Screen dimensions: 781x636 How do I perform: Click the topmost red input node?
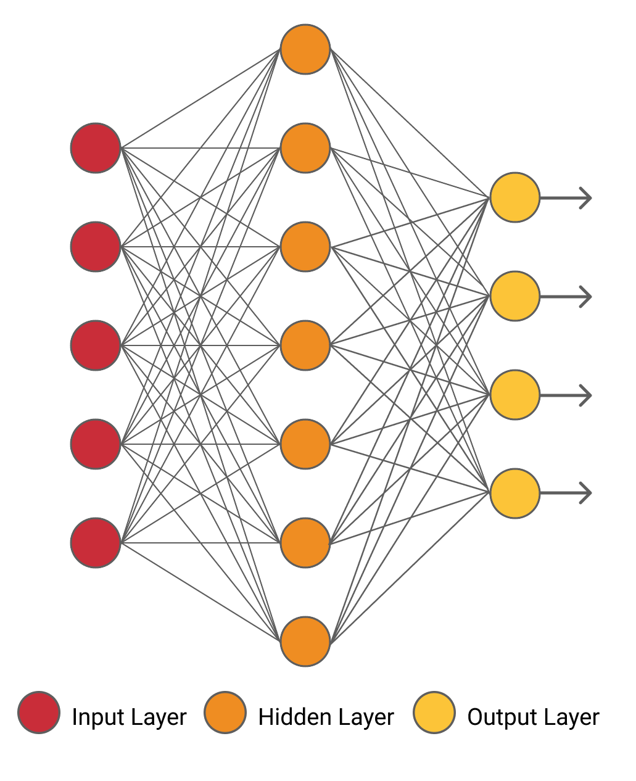(x=96, y=148)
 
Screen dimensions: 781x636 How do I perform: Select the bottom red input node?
(x=96, y=543)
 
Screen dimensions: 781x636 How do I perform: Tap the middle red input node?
(x=96, y=345)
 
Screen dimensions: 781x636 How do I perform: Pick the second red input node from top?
(x=96, y=247)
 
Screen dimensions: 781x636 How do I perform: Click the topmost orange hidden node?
(x=305, y=49)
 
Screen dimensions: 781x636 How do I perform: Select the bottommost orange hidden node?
(x=305, y=642)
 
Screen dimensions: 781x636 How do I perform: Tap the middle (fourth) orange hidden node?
(x=305, y=345)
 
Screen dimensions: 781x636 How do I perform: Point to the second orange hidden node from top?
(x=305, y=148)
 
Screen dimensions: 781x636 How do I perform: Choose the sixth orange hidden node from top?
(x=305, y=543)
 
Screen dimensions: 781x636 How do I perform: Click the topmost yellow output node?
(x=515, y=197)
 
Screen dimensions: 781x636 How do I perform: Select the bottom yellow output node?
(x=515, y=494)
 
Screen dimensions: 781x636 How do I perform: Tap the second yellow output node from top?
(x=515, y=296)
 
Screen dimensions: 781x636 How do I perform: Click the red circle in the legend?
(x=39, y=712)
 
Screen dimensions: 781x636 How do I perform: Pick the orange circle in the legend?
(x=225, y=712)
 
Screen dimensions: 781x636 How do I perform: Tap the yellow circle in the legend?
(x=434, y=712)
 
